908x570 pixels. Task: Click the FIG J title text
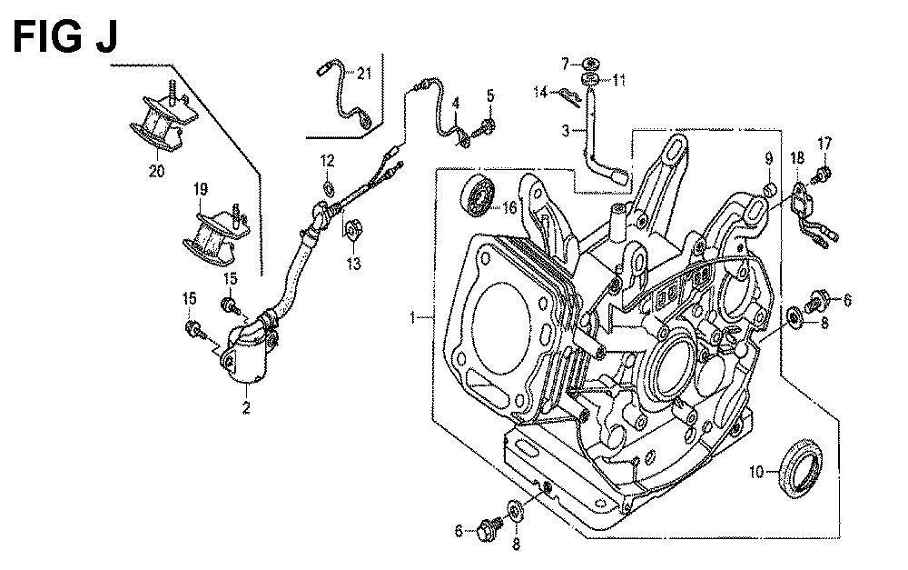(x=64, y=37)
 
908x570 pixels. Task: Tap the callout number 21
(x=364, y=73)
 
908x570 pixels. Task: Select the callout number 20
(x=156, y=171)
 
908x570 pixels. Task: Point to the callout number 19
(x=201, y=189)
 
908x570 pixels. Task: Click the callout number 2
(x=246, y=407)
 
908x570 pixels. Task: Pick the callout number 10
(x=757, y=472)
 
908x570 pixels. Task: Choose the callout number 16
(x=509, y=207)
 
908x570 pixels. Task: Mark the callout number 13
(x=354, y=264)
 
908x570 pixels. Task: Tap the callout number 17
(x=824, y=143)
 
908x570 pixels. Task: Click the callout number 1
(x=412, y=318)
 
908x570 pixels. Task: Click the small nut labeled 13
(x=351, y=230)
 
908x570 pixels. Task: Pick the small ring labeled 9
(x=770, y=189)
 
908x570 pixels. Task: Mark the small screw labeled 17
(x=823, y=174)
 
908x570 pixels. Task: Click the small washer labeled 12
(x=329, y=188)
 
